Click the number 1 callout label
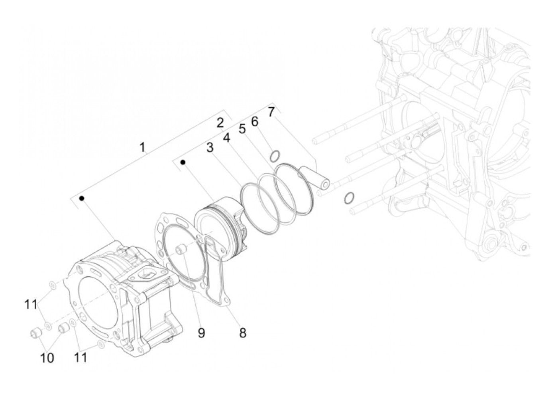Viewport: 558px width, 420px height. pyautogui.click(x=142, y=147)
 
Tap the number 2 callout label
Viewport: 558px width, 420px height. pyautogui.click(x=220, y=123)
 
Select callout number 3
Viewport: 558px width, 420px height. pyautogui.click(x=210, y=148)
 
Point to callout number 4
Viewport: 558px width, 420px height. pyautogui.click(x=226, y=138)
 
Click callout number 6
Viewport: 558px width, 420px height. pyautogui.click(x=255, y=121)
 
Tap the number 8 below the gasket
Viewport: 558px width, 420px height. pyautogui.click(x=242, y=332)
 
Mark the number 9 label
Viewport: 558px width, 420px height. pyautogui.click(x=201, y=332)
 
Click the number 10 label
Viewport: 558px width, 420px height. pyautogui.click(x=47, y=358)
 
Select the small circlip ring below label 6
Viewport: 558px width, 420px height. pyautogui.click(x=274, y=156)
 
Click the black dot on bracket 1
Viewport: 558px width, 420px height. pyautogui.click(x=82, y=198)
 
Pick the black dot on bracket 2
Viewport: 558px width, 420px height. pyautogui.click(x=183, y=162)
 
